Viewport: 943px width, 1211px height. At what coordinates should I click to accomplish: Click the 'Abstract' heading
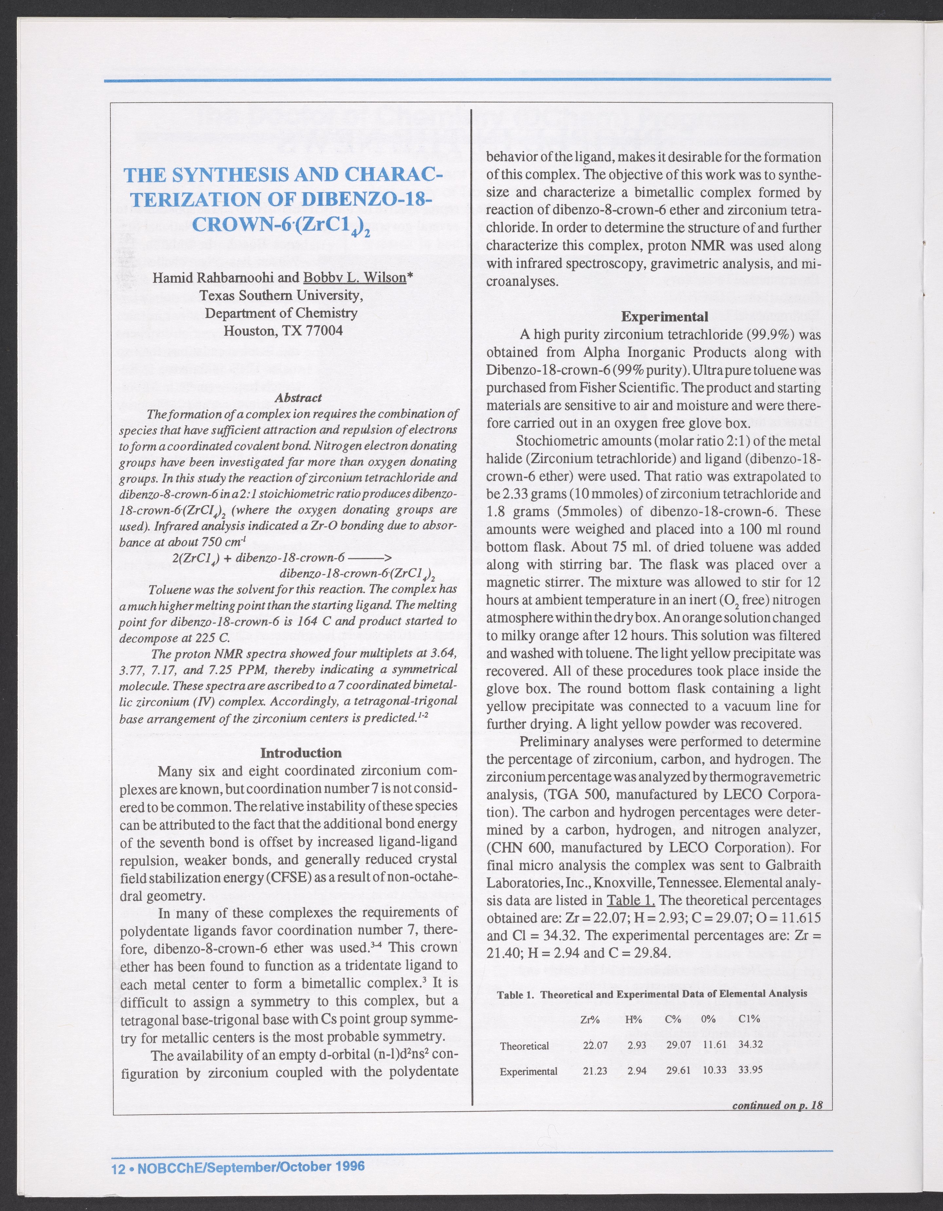pyautogui.click(x=298, y=398)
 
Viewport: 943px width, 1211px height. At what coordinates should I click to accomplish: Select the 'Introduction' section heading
pyautogui.click(x=301, y=753)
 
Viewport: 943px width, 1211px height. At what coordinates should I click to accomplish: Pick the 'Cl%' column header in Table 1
pyautogui.click(x=749, y=1018)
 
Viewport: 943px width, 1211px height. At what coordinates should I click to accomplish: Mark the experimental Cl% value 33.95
pyautogui.click(x=750, y=1070)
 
